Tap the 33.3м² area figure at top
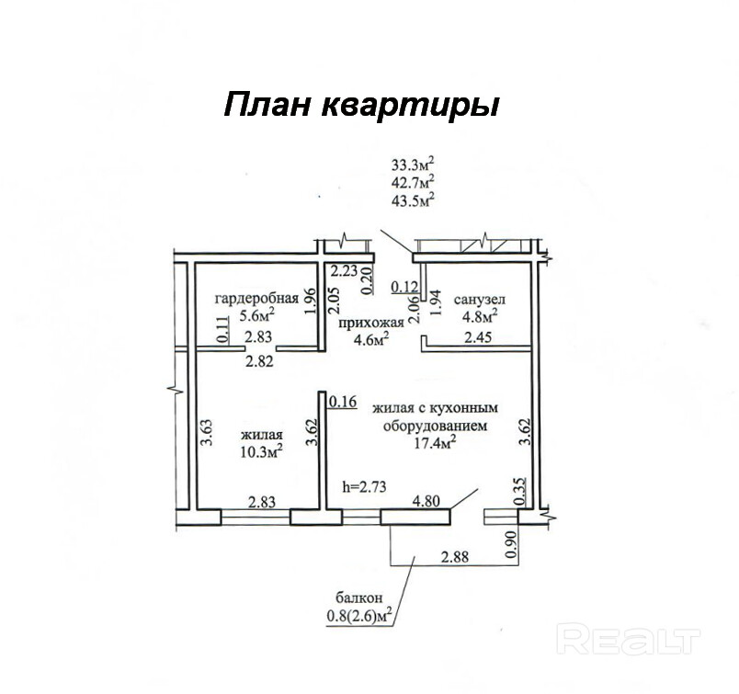413,165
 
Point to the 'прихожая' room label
371,323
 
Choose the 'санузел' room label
480,299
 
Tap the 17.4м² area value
435,444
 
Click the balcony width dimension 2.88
457,557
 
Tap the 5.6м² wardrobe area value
257,315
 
